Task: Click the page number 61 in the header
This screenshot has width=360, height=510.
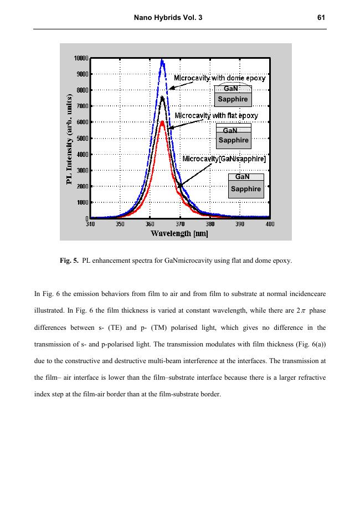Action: pos(321,18)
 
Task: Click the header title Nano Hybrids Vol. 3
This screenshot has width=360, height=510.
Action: pos(168,18)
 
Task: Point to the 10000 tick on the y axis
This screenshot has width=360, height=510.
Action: pos(81,58)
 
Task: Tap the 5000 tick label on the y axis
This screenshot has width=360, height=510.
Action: pos(83,138)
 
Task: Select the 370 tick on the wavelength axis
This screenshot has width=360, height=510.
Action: pos(180,224)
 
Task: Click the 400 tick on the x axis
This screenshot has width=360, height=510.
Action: pos(270,224)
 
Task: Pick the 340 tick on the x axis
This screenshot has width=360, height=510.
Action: pos(91,224)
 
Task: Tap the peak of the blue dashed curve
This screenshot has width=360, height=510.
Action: pos(162,60)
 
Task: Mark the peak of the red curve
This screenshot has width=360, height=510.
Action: pos(162,122)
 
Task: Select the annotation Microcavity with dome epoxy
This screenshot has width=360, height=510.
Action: pos(219,78)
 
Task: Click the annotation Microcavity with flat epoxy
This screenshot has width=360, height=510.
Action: pos(216,115)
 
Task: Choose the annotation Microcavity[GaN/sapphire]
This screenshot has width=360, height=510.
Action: pos(224,159)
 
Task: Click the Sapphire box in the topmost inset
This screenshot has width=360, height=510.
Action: pos(233,99)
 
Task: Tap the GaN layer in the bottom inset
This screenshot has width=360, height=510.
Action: pos(243,177)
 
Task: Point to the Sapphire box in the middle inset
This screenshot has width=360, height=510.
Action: pos(233,140)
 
